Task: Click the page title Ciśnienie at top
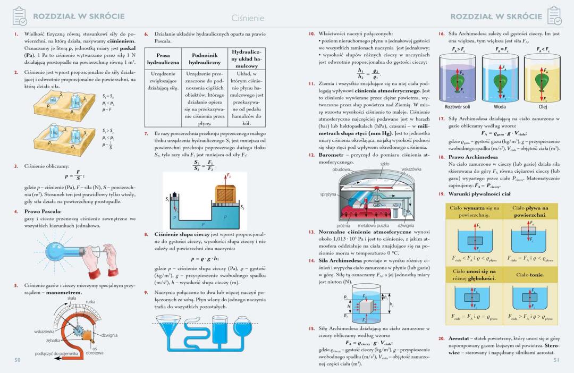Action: click(248, 18)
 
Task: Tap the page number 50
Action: click(17, 360)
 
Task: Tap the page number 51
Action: click(556, 360)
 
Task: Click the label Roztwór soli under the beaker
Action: click(457, 106)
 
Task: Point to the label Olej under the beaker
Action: click(542, 106)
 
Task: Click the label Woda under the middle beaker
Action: click(500, 106)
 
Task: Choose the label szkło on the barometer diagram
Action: click(385, 165)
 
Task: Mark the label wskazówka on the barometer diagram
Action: click(412, 169)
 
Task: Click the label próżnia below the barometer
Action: click(343, 226)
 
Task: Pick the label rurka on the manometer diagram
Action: click(90, 302)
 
